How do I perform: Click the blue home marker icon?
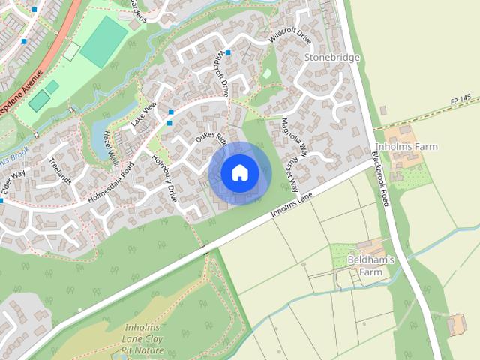[239, 172]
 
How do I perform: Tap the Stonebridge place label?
[332, 57]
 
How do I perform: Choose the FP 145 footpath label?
[460, 98]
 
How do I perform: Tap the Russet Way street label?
[288, 175]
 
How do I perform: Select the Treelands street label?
[58, 169]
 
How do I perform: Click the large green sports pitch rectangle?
[104, 41]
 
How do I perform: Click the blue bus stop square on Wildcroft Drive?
[228, 52]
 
